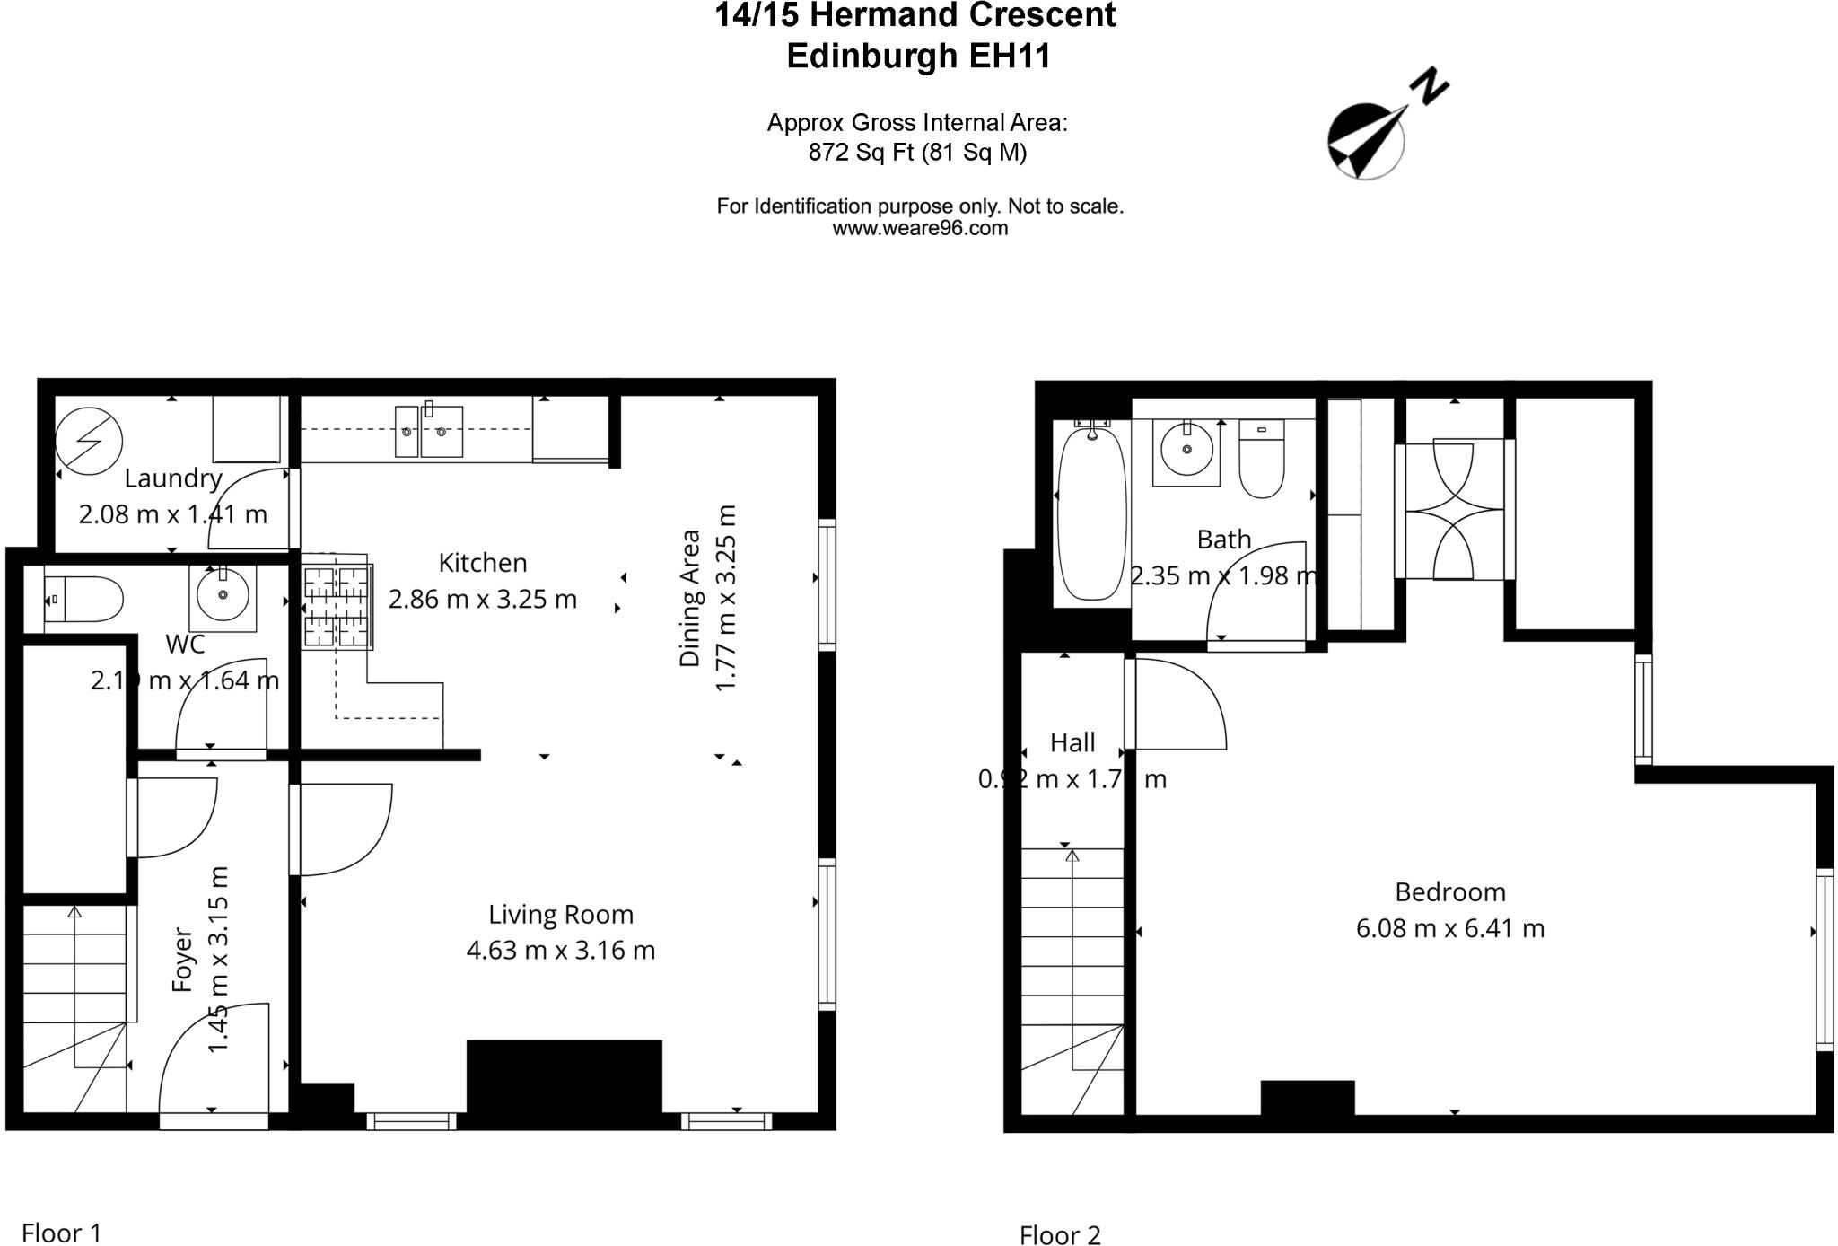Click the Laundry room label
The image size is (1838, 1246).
tap(172, 478)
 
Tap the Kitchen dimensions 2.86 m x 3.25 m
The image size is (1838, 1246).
tap(482, 600)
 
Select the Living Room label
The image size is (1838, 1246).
tap(561, 915)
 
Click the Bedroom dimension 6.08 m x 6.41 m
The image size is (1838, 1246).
tap(1449, 928)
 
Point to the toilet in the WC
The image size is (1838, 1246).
tap(85, 600)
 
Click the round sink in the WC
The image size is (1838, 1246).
tap(223, 593)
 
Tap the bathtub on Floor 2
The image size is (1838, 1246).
tap(1091, 514)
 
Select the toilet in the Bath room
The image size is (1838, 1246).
tap(1262, 460)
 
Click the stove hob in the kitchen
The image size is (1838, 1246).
tap(337, 607)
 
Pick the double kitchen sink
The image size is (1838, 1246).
tap(429, 431)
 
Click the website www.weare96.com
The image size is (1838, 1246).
tap(920, 229)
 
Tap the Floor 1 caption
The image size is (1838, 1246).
tap(61, 1233)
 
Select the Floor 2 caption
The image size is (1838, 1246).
tap(1059, 1235)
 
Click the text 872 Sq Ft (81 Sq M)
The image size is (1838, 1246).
tap(917, 153)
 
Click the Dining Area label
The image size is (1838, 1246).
tap(689, 598)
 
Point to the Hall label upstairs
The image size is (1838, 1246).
tap(1072, 742)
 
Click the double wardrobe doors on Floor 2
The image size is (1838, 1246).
tap(1453, 509)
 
